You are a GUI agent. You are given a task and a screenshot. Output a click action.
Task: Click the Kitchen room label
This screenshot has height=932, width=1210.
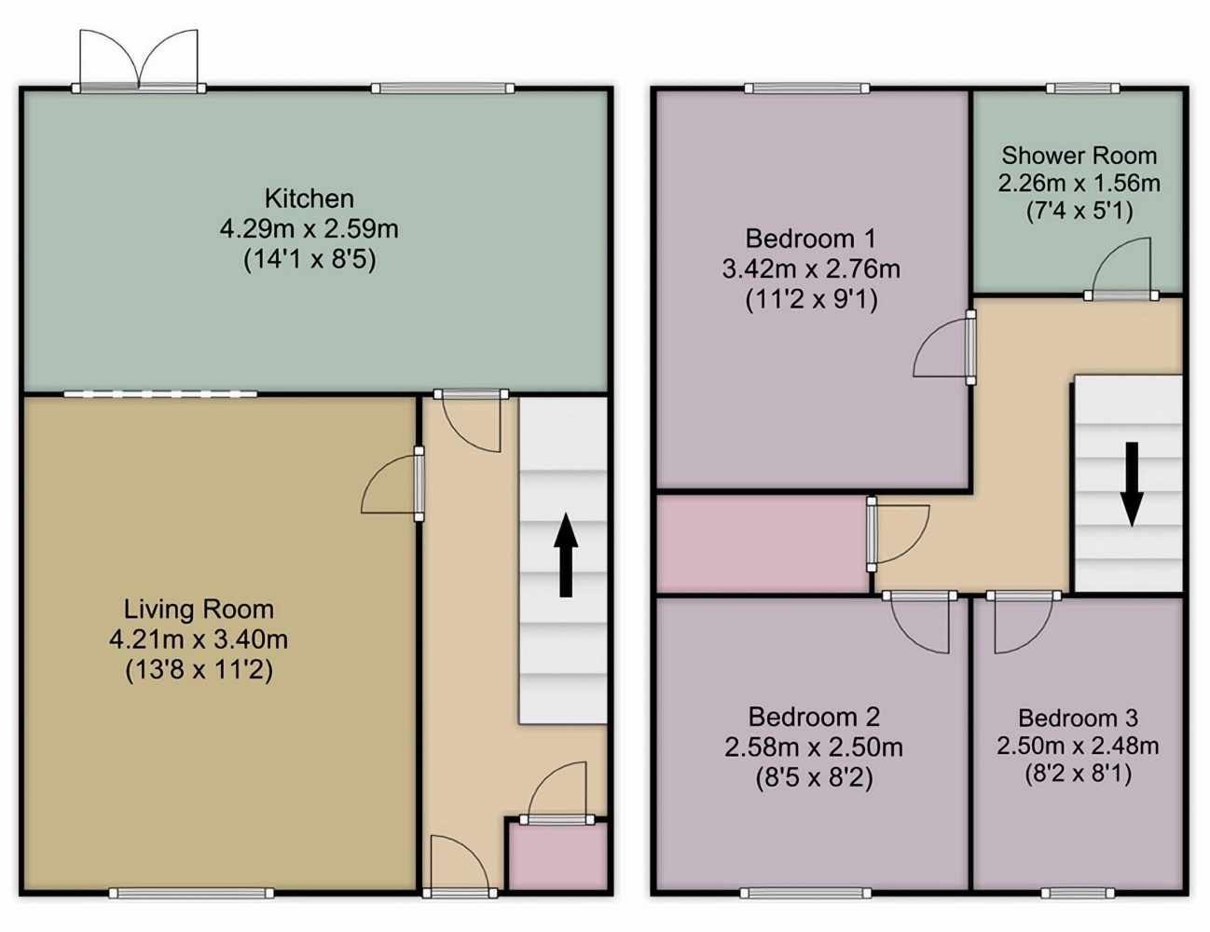pyautogui.click(x=309, y=199)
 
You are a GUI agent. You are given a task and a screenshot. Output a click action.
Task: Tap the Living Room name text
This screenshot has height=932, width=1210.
pyautogui.click(x=199, y=610)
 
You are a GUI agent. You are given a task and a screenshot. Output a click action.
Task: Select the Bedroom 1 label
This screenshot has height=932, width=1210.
pyautogui.click(x=811, y=239)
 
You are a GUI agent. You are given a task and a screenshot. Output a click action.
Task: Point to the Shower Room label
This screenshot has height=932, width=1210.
pyautogui.click(x=1079, y=156)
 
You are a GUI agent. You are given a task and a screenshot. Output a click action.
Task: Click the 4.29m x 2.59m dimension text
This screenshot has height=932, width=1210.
pyautogui.click(x=309, y=229)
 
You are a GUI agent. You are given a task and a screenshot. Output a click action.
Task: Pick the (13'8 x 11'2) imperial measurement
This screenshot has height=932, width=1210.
pyautogui.click(x=199, y=670)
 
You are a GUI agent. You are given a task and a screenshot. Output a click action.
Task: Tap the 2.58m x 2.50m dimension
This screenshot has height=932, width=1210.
pyautogui.click(x=814, y=747)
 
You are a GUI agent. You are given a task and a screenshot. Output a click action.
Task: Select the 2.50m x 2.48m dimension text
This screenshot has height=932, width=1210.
pyautogui.click(x=1078, y=746)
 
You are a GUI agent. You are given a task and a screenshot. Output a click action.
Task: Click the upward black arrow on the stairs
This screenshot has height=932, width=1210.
pyautogui.click(x=566, y=555)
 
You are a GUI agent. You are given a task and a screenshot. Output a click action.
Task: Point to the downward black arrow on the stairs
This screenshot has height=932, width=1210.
pyautogui.click(x=1132, y=484)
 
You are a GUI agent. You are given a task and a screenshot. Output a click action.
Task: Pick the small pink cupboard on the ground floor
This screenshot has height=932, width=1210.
pyautogui.click(x=557, y=858)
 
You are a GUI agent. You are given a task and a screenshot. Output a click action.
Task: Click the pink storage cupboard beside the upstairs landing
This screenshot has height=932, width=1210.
pyautogui.click(x=763, y=544)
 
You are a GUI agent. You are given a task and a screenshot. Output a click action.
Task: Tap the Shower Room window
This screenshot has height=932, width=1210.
pyautogui.click(x=1082, y=88)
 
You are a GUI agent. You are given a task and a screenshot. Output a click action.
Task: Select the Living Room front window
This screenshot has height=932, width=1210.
pyautogui.click(x=191, y=893)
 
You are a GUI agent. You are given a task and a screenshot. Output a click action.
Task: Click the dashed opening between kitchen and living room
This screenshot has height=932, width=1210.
pyautogui.click(x=160, y=394)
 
